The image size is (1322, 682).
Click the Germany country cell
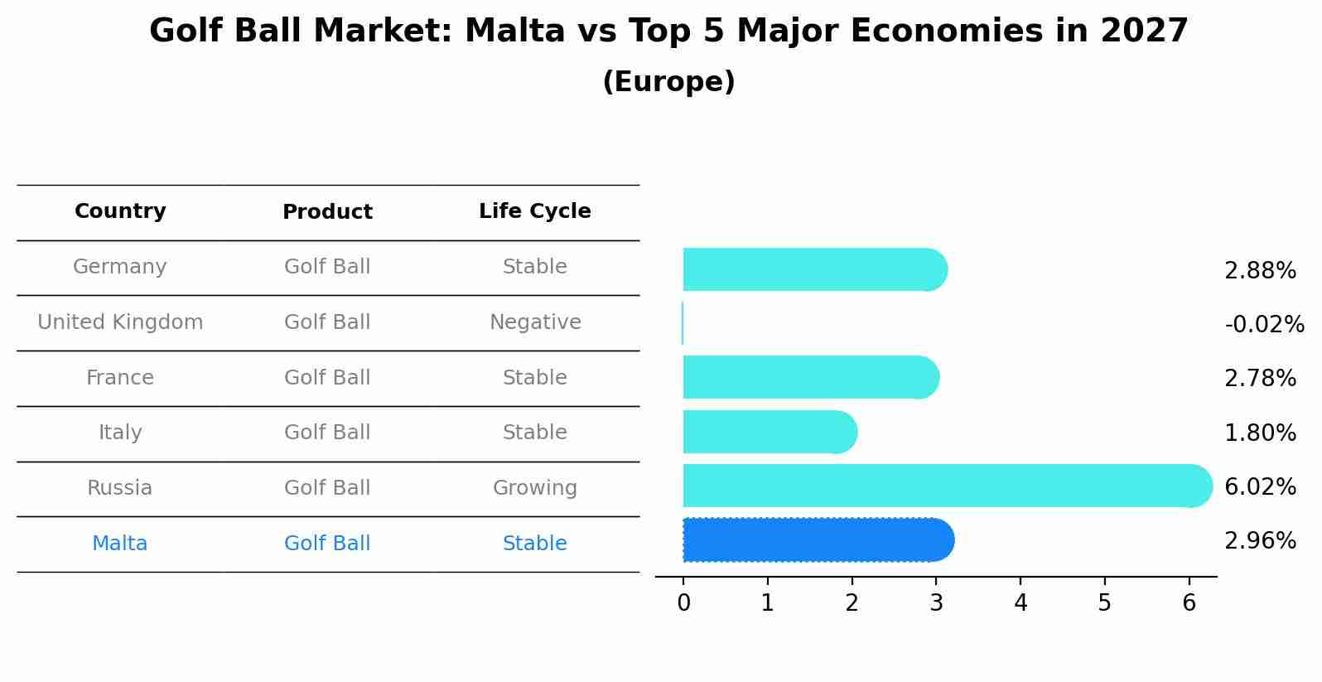coord(120,267)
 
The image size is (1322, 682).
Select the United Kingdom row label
coord(120,322)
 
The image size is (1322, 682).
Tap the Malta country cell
coord(120,543)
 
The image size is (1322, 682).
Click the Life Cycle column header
coord(535,210)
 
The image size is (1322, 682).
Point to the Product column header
coord(327,211)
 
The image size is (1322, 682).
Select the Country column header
coord(120,210)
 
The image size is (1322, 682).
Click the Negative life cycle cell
coord(535,322)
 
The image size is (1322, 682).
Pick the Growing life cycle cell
coord(535,488)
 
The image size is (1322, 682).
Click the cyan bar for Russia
coord(948,486)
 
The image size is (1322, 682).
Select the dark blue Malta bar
coord(818,539)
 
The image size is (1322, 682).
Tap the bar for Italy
coord(770,432)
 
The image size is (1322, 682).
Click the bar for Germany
coord(816,269)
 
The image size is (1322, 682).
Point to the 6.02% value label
coord(1260,486)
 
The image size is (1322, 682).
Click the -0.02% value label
coord(1264,324)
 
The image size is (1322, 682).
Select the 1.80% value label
coord(1260,433)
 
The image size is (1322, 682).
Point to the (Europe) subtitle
coord(668,81)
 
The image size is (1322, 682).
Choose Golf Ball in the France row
coord(327,377)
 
